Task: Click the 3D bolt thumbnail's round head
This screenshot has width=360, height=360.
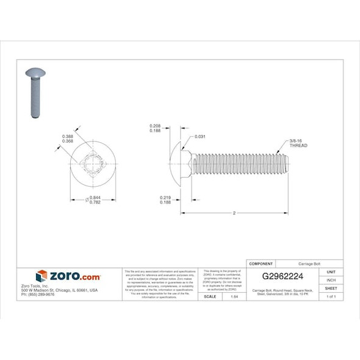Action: point(35,73)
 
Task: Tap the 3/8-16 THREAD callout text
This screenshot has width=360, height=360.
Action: point(298,144)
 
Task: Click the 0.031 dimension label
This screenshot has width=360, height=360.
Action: point(199,137)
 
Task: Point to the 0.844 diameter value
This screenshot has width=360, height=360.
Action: point(95,198)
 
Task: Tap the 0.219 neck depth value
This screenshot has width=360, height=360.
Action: point(165,198)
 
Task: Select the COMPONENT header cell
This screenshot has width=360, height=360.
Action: point(261,264)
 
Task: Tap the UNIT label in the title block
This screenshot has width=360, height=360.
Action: point(331,272)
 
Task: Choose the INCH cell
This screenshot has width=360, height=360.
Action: point(331,279)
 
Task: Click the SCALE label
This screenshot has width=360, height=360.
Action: point(209,296)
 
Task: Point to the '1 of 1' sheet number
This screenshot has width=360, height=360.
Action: point(331,296)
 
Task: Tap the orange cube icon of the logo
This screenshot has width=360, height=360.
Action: point(41,276)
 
